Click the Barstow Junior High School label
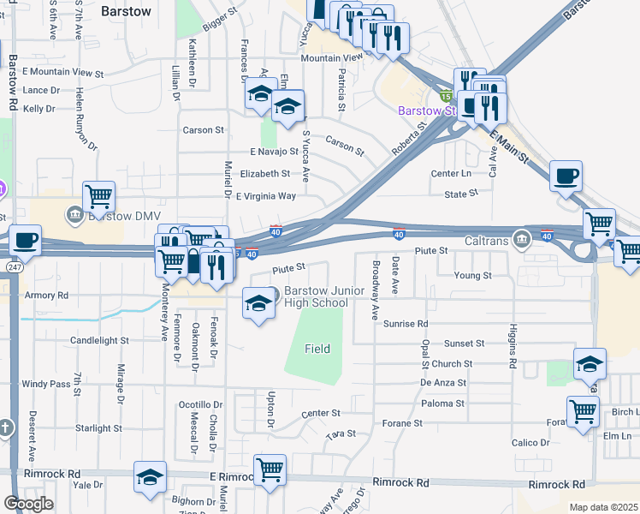pos(324,296)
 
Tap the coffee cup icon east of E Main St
pos(566,178)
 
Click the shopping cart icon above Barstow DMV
pos(99,197)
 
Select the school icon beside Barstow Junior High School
pos(258,303)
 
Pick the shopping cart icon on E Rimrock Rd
pos(270,469)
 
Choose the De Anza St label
pos(443,383)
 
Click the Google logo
pos(29,504)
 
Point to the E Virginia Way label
pos(265,195)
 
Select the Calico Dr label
pos(530,443)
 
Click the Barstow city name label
pos(126,11)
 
